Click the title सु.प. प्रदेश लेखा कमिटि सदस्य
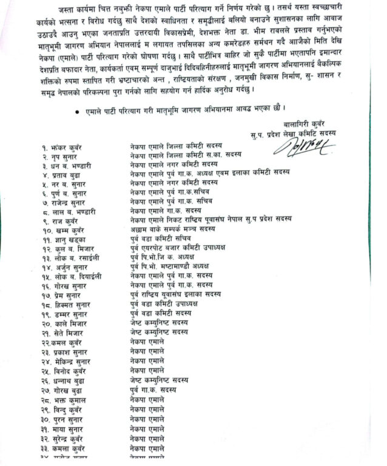[x=292, y=132]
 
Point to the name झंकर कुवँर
[x=67, y=147]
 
